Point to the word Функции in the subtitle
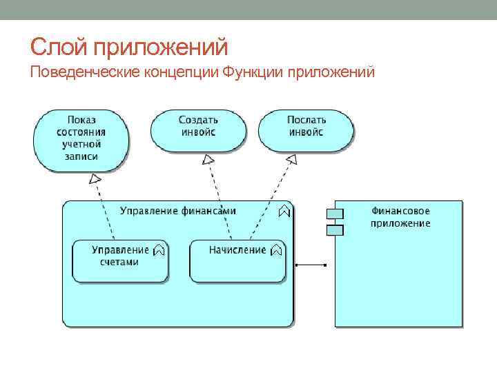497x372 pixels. point(253,72)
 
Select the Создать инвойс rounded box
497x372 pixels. point(198,129)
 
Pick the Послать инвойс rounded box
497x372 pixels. point(306,129)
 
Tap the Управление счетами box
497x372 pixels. point(120,260)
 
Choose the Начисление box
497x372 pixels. point(237,260)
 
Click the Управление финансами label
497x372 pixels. point(178,211)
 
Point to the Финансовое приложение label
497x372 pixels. point(400,216)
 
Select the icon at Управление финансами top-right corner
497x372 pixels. point(284,211)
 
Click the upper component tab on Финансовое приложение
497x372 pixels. point(335,214)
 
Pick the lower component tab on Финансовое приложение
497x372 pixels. point(335,229)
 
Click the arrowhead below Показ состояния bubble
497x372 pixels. point(96,179)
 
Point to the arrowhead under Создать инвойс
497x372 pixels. point(208,159)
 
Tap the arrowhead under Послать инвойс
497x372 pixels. point(291,159)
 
